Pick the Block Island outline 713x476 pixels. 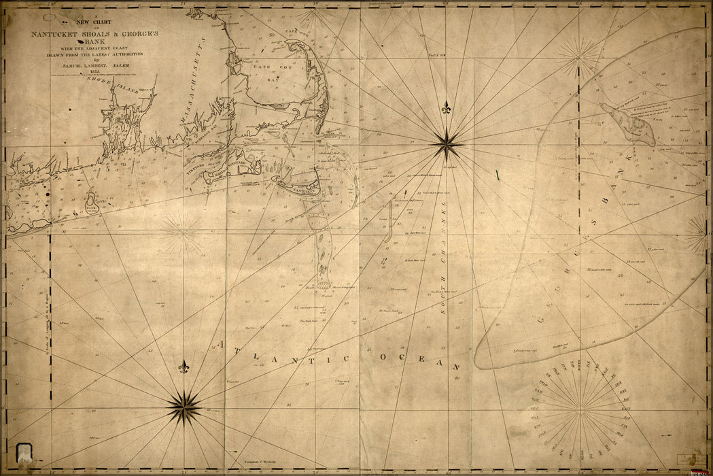click(91, 201)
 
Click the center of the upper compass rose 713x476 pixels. click(447, 143)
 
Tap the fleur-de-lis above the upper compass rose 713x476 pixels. click(447, 108)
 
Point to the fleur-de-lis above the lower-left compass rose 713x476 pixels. click(183, 367)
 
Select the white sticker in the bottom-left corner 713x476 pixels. click(25, 451)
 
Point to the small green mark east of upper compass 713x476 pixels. click(497, 175)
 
